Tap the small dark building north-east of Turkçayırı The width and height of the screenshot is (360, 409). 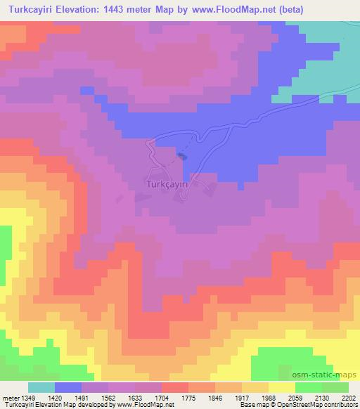tap(183, 156)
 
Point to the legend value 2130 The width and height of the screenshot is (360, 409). tap(321, 397)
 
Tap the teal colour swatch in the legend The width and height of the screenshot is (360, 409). tap(41, 387)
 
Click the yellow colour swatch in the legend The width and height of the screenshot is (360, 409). tap(281, 387)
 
